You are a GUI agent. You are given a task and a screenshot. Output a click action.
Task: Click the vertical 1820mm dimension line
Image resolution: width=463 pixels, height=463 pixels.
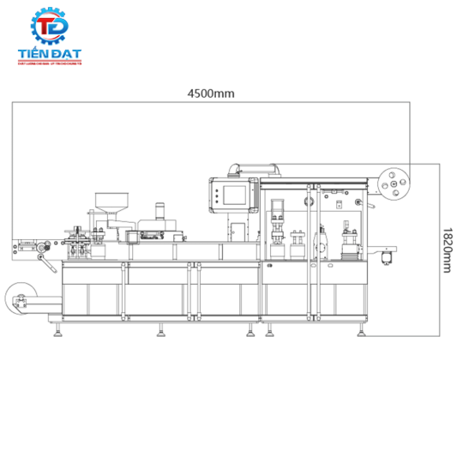(x=436, y=249)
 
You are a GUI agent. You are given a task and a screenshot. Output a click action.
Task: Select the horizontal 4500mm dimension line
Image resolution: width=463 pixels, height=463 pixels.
(x=211, y=104)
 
